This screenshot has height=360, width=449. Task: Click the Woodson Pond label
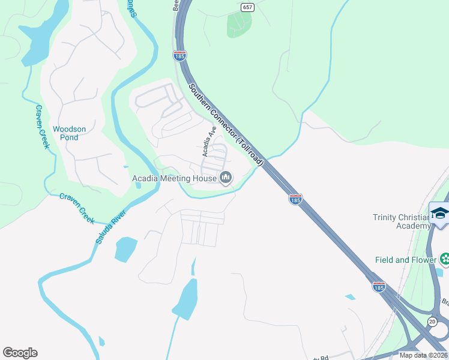click(69, 133)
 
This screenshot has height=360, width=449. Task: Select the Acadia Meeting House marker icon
click(226, 177)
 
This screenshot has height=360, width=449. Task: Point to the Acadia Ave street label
click(209, 142)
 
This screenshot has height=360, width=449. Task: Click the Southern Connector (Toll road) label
click(226, 124)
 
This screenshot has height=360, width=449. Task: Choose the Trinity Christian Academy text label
click(402, 221)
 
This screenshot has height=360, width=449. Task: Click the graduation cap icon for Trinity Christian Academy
click(439, 213)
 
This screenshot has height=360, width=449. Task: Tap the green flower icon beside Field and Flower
click(445, 259)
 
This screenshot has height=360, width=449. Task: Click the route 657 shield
click(247, 7)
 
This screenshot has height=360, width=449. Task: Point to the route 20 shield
click(432, 322)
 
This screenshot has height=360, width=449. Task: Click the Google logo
click(20, 353)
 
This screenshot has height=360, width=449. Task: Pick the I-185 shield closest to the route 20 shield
click(378, 287)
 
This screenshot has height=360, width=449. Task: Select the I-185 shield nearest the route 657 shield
click(179, 55)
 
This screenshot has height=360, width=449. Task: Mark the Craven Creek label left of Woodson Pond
click(41, 127)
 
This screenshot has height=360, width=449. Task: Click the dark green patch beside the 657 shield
click(239, 24)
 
